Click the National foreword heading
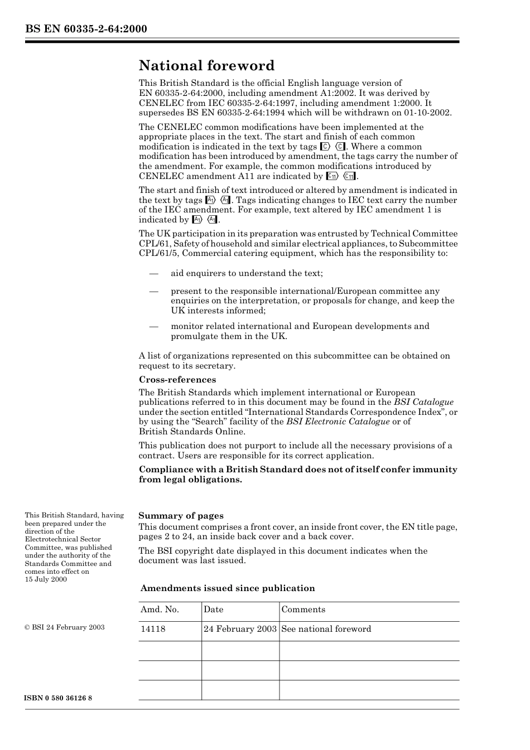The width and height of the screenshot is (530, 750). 206,66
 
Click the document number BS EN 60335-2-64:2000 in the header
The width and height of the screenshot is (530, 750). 86,29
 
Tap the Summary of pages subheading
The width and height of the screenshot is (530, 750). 181,516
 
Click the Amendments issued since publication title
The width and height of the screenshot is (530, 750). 228,588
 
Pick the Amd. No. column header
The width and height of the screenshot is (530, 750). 160,610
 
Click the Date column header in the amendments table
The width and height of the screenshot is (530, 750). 213,610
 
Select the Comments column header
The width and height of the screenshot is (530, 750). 303,610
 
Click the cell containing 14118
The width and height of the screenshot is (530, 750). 153,629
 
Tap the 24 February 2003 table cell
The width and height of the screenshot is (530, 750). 240,629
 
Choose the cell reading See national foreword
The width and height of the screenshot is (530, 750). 326,629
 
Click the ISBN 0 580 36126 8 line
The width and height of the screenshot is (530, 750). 59,699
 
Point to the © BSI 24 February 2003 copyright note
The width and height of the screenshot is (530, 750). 65,627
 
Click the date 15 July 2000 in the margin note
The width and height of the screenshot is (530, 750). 46,579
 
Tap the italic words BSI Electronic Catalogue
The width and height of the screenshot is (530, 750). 338,422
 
